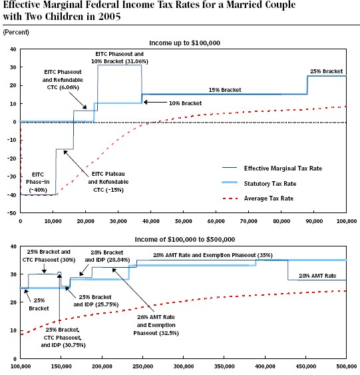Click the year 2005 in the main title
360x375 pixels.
click(x=109, y=17)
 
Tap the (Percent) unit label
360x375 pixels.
click(x=16, y=32)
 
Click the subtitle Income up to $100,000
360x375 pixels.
click(x=184, y=43)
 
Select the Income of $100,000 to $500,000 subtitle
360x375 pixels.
click(x=185, y=239)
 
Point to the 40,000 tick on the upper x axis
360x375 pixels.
click(x=151, y=221)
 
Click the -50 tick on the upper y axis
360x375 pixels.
click(x=13, y=213)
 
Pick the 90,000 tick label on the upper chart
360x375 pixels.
click(x=314, y=221)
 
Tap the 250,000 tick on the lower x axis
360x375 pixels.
click(x=143, y=366)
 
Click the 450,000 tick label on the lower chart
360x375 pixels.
click(x=306, y=366)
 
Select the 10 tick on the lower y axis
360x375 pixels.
click(x=13, y=330)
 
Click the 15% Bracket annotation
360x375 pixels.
click(x=225, y=90)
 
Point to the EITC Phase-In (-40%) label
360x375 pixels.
click(x=38, y=183)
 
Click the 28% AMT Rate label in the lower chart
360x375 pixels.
click(x=317, y=276)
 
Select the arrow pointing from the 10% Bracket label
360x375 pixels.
click(x=155, y=103)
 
